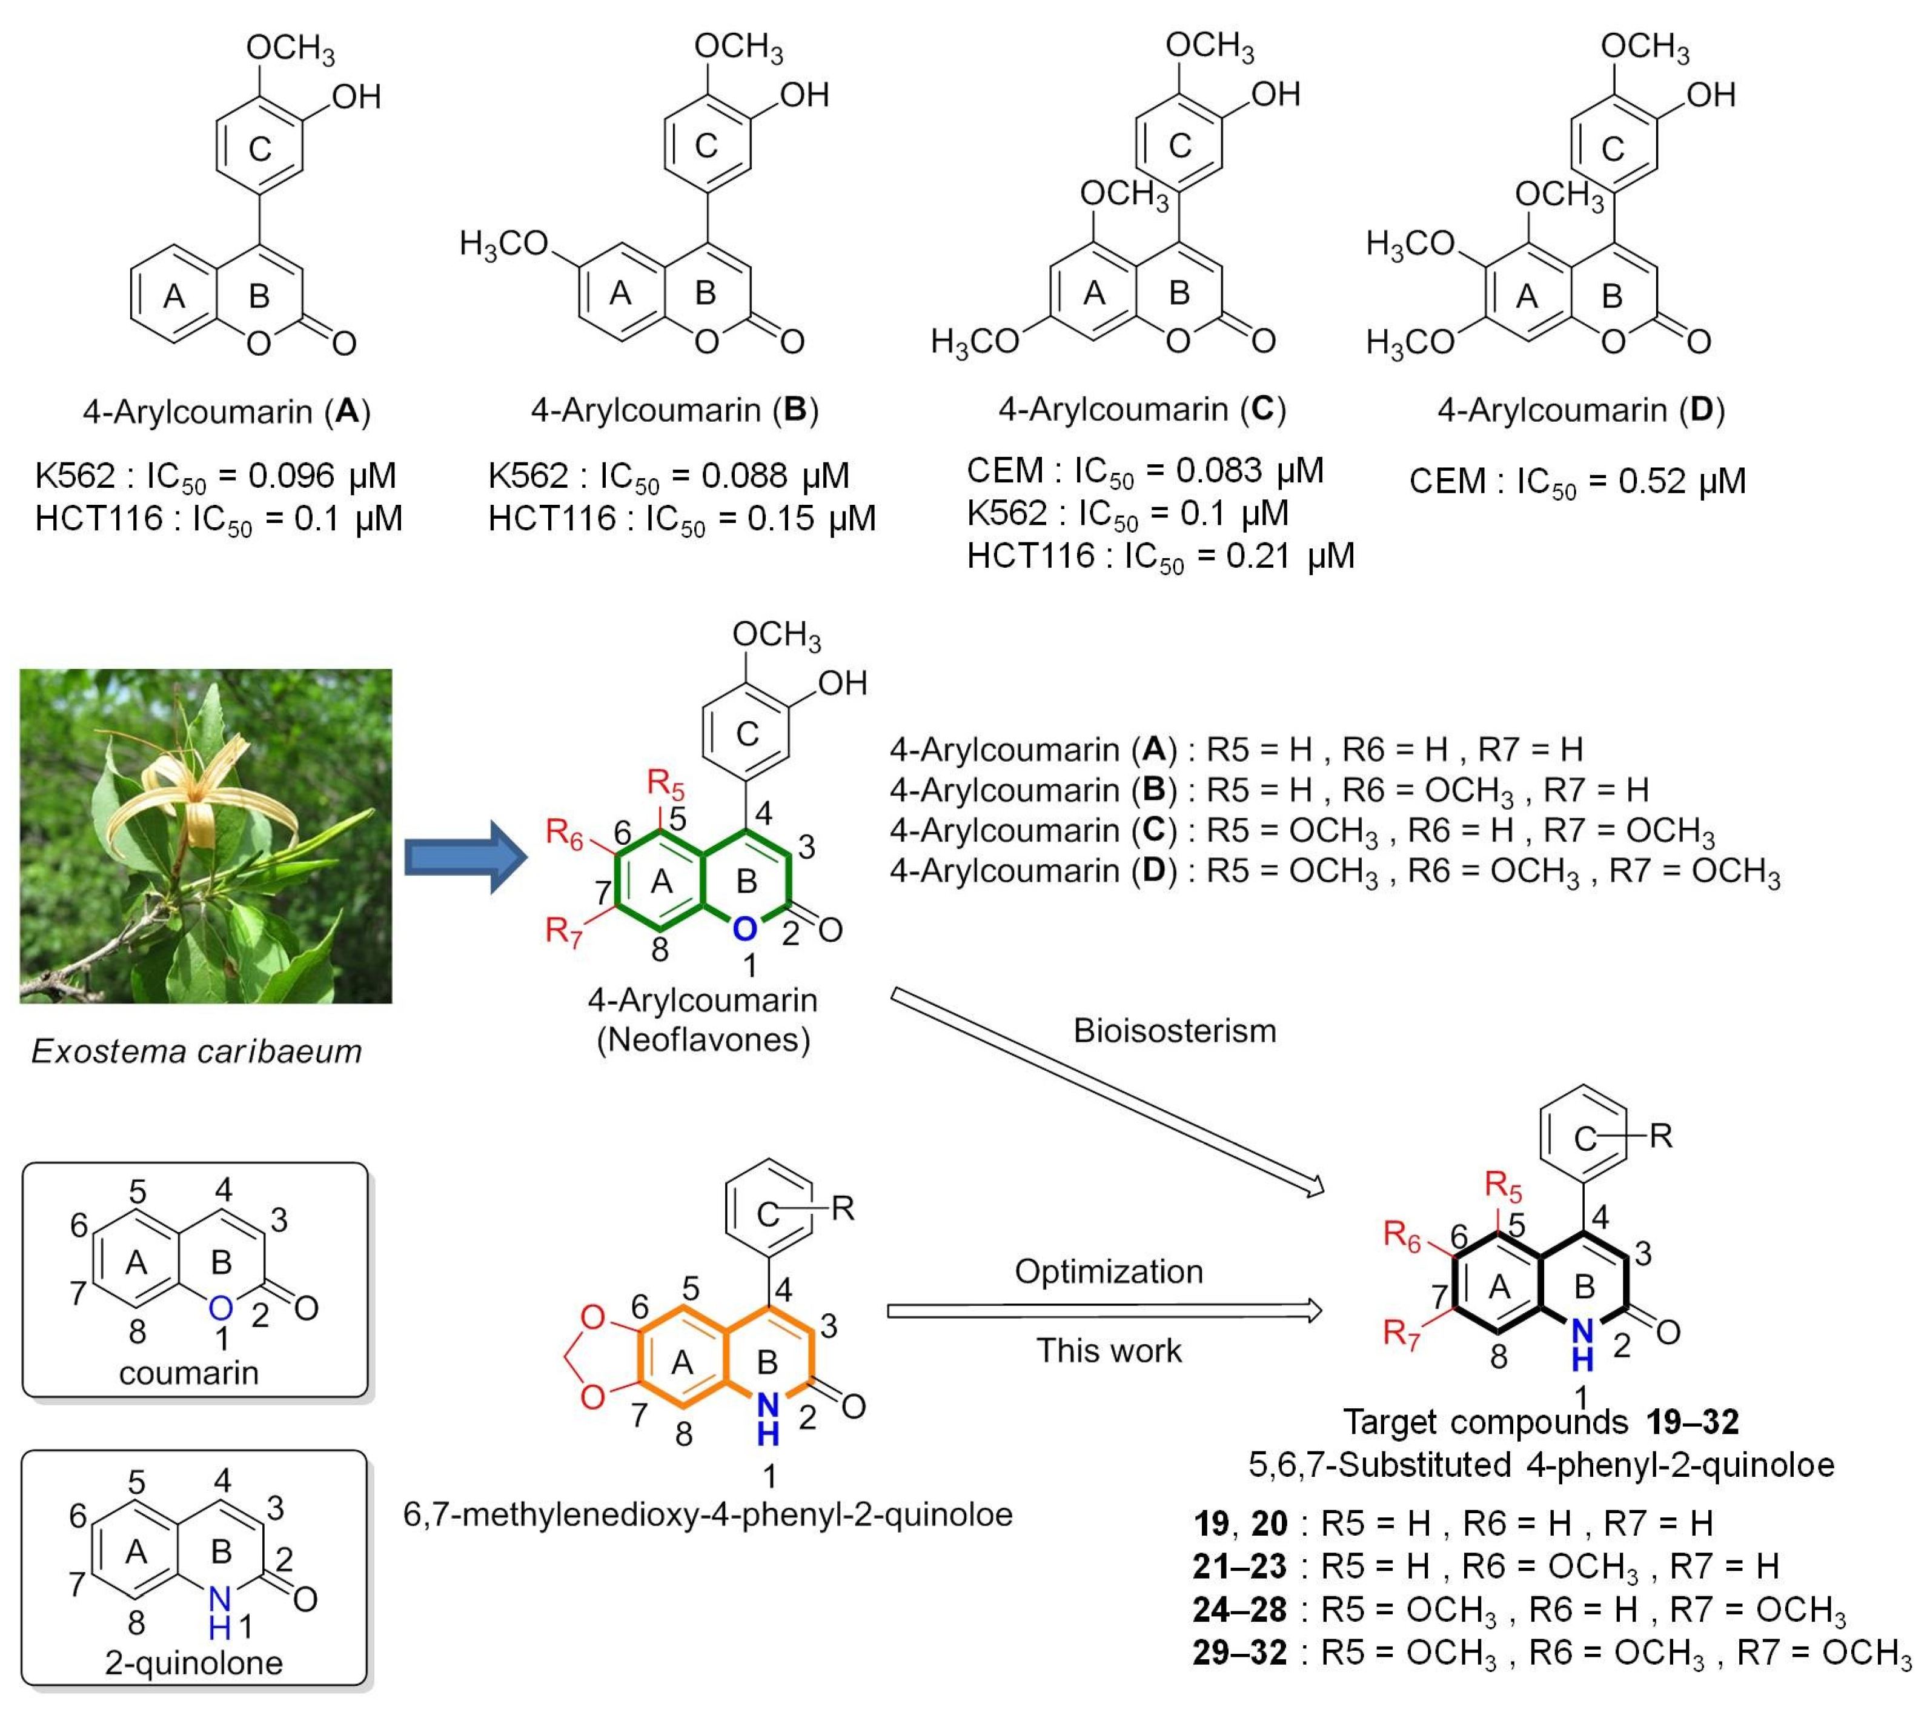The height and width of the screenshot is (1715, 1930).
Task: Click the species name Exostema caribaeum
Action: pyautogui.click(x=196, y=1051)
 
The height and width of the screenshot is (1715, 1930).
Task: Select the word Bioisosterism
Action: pyautogui.click(x=1175, y=1030)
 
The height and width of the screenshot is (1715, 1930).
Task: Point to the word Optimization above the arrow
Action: pyautogui.click(x=1109, y=1271)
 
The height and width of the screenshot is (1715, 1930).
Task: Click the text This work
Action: pyautogui.click(x=1109, y=1350)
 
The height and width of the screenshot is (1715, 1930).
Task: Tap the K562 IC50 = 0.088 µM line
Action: pyautogui.click(x=669, y=476)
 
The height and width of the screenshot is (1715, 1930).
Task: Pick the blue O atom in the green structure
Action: pyautogui.click(x=745, y=930)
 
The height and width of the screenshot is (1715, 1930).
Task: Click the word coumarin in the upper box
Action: pyautogui.click(x=189, y=1372)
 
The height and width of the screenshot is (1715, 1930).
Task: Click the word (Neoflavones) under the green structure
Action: pyautogui.click(x=703, y=1040)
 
